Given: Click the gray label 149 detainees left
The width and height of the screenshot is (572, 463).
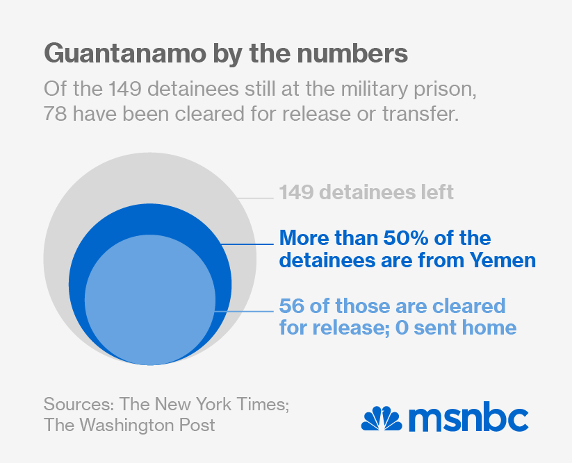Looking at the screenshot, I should [366, 192].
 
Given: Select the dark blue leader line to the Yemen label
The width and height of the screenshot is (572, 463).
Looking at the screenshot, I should [247, 244].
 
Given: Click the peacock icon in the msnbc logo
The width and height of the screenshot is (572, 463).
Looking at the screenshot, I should [382, 418].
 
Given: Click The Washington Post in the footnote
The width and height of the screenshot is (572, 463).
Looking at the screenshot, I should [129, 425].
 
